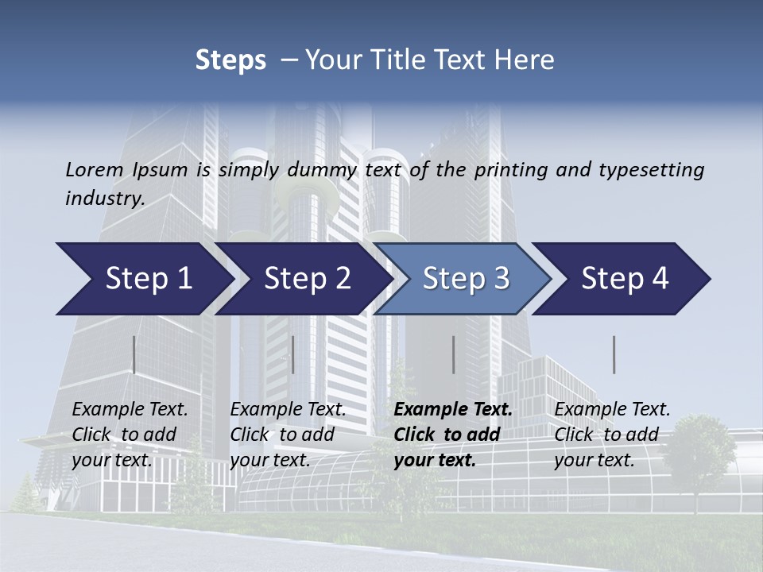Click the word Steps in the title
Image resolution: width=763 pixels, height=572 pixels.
pyautogui.click(x=230, y=60)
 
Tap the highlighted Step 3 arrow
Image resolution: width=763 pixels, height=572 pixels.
pyautogui.click(x=462, y=279)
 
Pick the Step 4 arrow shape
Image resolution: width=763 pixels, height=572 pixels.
pyautogui.click(x=621, y=279)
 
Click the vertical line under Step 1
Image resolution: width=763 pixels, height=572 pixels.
pyautogui.click(x=134, y=354)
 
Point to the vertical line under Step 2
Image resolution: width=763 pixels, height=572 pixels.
pyautogui.click(x=293, y=354)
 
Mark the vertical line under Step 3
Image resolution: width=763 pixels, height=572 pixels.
pyautogui.click(x=454, y=354)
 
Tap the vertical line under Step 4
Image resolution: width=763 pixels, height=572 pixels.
pyautogui.click(x=614, y=354)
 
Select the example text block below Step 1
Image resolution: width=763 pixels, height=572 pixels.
pyautogui.click(x=130, y=434)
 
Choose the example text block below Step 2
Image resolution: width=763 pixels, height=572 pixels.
pyautogui.click(x=288, y=434)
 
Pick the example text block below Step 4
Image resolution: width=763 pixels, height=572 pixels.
pyautogui.click(x=612, y=434)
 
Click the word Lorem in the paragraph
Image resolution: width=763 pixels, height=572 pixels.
pyautogui.click(x=94, y=169)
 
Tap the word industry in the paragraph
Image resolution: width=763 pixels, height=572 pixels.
pyautogui.click(x=104, y=198)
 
